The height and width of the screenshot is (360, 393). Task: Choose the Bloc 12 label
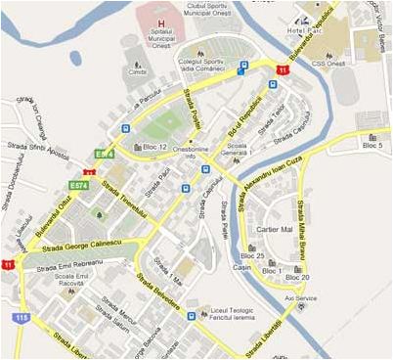click(x=155, y=148)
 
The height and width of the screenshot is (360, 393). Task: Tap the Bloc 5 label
click(x=373, y=146)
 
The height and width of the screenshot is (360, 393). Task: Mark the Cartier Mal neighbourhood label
click(x=275, y=229)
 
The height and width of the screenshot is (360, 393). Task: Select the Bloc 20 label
click(x=298, y=277)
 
